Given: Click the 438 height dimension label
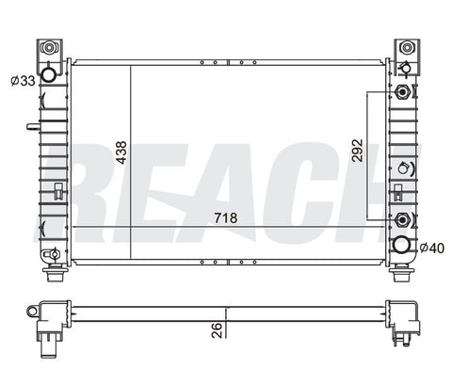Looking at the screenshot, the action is (x=121, y=152).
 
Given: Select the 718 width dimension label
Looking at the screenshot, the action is (x=226, y=217).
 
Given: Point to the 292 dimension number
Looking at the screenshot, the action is (x=357, y=151).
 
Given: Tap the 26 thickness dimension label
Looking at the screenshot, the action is (x=217, y=330).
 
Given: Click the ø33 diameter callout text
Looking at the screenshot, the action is (x=23, y=81).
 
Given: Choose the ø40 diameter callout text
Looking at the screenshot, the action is (x=432, y=248).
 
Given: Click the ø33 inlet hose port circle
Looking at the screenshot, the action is (x=48, y=75).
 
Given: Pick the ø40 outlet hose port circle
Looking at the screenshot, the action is (x=401, y=245).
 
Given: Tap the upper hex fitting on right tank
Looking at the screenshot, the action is (x=402, y=92).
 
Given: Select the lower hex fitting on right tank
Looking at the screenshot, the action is (x=402, y=219).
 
